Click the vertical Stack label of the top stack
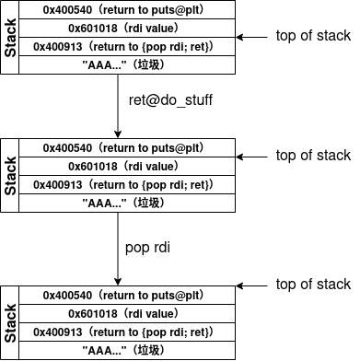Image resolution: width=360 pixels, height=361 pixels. pos(11,37)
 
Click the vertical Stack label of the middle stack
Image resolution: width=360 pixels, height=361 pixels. pos(11,175)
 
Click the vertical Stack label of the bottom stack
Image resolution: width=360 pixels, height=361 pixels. pos(11,323)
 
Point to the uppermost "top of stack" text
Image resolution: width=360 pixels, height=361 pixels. pos(312,36)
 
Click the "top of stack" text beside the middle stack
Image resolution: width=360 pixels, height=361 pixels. pos(312,156)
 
